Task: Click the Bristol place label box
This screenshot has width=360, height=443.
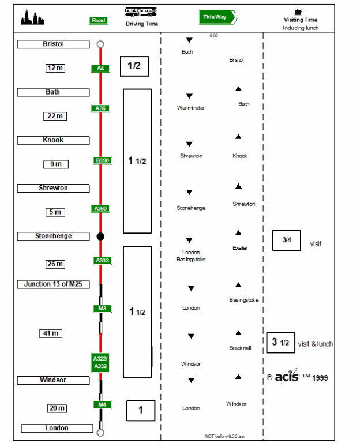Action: [53, 44]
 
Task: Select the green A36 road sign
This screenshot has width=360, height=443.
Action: [100, 108]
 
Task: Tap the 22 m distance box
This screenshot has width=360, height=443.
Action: [55, 116]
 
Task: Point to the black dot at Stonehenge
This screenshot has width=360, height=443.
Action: [100, 236]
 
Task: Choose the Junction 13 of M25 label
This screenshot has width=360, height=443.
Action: [53, 284]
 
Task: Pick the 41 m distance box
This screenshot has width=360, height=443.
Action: [50, 333]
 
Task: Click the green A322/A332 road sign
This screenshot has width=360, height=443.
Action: [100, 362]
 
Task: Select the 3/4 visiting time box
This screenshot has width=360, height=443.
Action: [287, 240]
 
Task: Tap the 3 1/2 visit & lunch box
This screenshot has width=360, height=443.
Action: [280, 342]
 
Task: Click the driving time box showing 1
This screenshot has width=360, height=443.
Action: [141, 410]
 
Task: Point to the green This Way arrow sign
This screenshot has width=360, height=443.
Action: [218, 17]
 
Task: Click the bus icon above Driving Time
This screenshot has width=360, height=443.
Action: [141, 12]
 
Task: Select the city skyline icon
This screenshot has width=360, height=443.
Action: [32, 18]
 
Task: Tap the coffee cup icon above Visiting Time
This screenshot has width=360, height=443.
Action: [298, 11]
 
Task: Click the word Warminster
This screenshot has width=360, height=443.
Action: [190, 108]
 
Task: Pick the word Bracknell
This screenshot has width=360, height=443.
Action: [241, 348]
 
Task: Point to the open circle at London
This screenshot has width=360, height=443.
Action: [100, 432]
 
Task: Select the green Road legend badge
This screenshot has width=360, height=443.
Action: [99, 20]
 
